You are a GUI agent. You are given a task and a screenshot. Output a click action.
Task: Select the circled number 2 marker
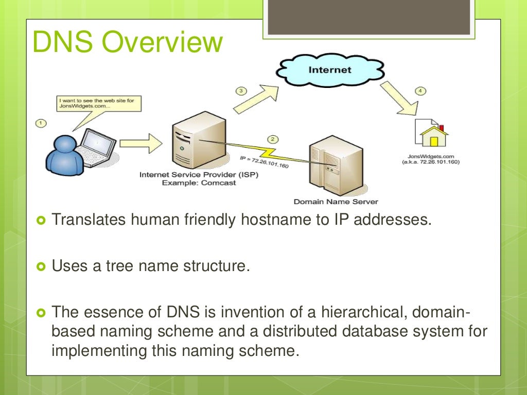[273, 139]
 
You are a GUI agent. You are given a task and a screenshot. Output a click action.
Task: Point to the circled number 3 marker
[241, 91]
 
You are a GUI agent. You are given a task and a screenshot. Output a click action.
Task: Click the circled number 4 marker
[420, 91]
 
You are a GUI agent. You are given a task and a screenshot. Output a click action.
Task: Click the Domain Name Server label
[335, 202]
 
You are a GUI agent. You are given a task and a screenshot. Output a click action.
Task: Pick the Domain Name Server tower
[329, 165]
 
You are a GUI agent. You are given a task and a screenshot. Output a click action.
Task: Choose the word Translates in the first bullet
[88, 221]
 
